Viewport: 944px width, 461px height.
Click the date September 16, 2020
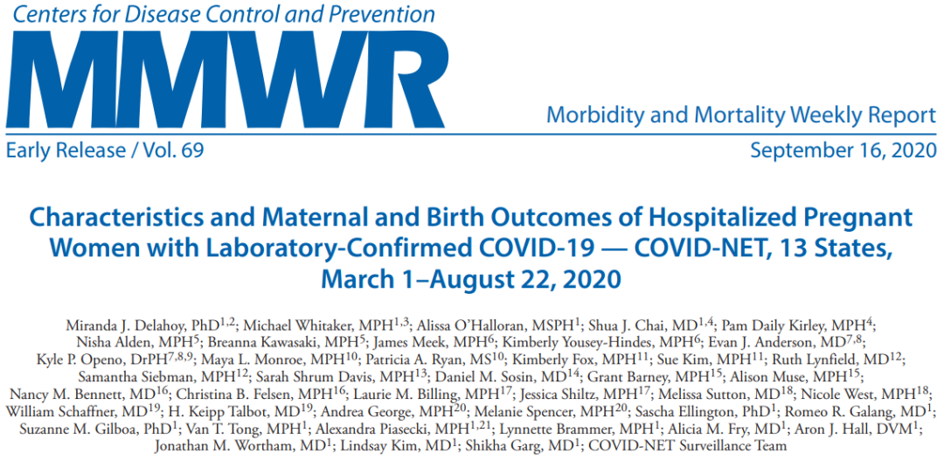pos(843,150)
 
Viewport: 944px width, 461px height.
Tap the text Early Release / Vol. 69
pos(105,150)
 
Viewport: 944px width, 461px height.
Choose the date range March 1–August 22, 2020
pos(471,280)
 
